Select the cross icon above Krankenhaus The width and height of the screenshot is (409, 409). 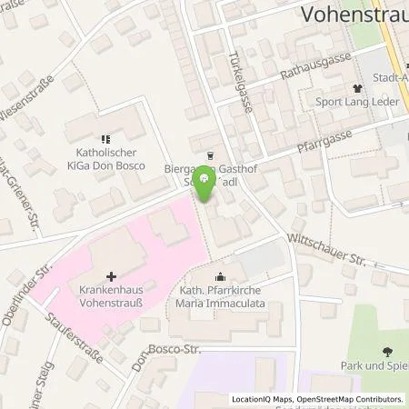[111, 276]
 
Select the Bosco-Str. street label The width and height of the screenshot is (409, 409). [173, 347]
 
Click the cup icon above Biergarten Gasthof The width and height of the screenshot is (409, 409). [211, 155]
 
